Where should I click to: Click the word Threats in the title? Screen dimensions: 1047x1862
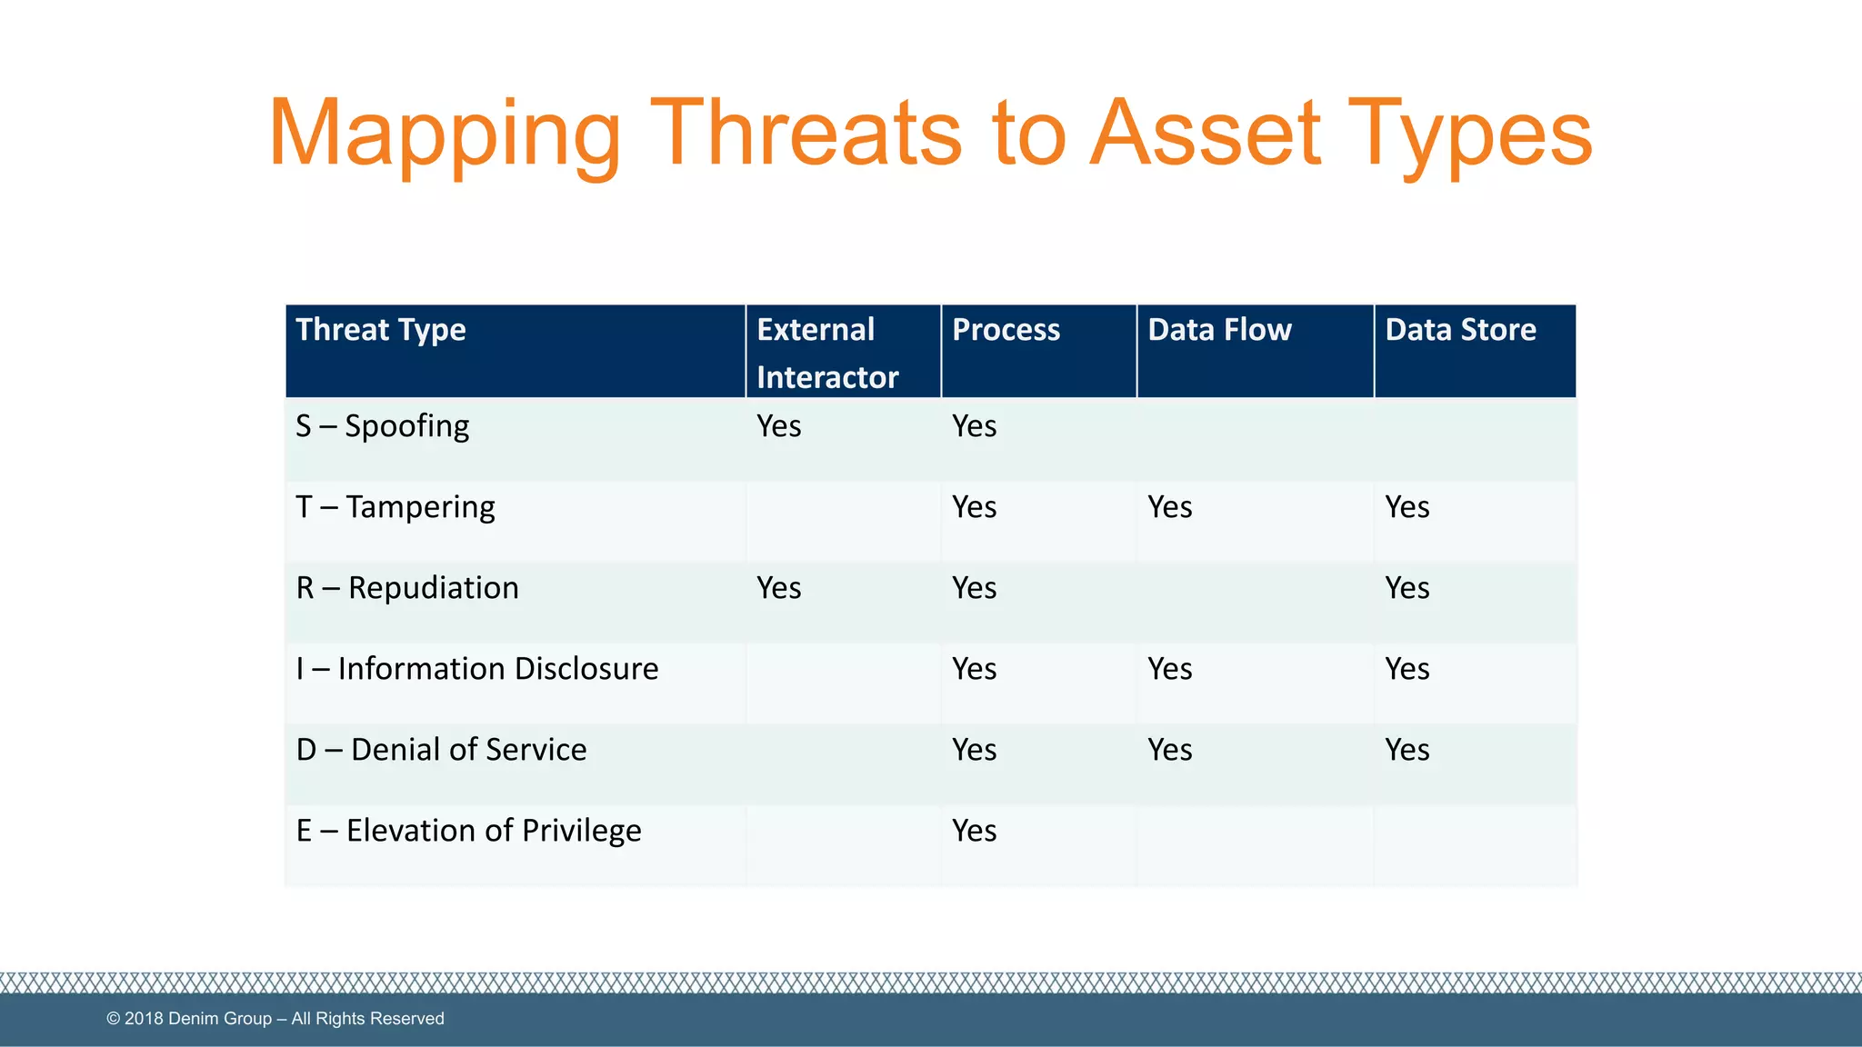[x=805, y=134]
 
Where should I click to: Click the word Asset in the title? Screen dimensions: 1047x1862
[x=1206, y=134]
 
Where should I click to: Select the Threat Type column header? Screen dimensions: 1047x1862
[x=381, y=330]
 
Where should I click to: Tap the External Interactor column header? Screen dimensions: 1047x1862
[x=826, y=353]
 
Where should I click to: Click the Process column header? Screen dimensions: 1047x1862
[x=1006, y=330]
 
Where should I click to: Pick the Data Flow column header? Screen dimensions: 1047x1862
[x=1219, y=330]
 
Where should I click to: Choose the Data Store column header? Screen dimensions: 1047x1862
[x=1460, y=330]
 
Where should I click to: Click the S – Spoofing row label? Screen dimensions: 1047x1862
[x=383, y=426]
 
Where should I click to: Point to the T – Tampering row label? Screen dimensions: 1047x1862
[x=395, y=507]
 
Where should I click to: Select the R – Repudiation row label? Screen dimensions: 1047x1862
[x=407, y=588]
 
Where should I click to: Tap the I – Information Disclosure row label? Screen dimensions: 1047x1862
[x=477, y=669]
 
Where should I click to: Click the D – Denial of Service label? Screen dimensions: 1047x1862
[x=442, y=750]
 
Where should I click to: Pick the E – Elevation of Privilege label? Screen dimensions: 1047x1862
[x=469, y=831]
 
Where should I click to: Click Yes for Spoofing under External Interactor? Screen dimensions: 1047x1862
[x=779, y=426]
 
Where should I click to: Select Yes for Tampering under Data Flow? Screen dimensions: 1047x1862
[x=1170, y=507]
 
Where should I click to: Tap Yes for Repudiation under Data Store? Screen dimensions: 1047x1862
[x=1407, y=588]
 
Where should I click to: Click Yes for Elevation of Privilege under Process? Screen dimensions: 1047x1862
[x=975, y=831]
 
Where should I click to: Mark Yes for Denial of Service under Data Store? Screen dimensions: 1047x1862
[x=1407, y=750]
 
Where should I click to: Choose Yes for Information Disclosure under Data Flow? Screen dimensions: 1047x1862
[x=1170, y=669]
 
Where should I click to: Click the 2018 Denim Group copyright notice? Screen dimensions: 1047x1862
[x=275, y=1019]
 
